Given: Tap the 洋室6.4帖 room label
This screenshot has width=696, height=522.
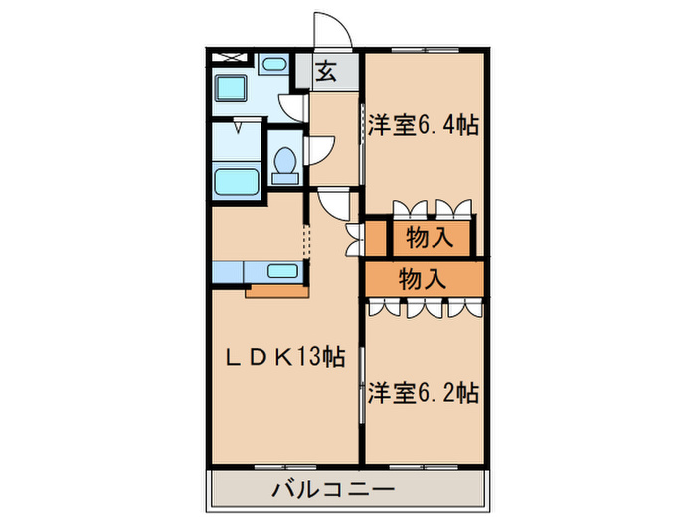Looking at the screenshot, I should [424, 126].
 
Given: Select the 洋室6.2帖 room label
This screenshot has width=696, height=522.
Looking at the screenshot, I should [424, 392].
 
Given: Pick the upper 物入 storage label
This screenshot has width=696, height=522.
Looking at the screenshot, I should [430, 238].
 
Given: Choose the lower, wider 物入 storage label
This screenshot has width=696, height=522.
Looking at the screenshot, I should [423, 279].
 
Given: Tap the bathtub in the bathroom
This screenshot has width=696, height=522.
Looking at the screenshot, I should [236, 182].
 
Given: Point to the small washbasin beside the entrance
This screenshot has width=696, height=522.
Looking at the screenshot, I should [273, 63].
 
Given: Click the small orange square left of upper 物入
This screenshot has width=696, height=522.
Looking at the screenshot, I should [375, 238].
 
